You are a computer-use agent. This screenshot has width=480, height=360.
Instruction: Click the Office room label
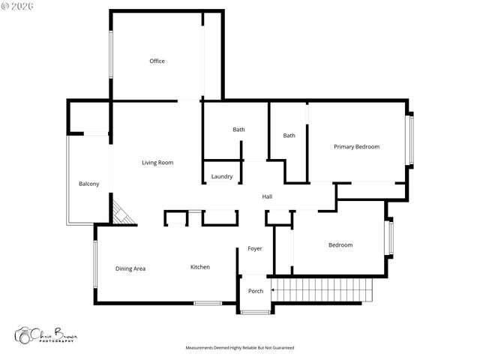[157, 61]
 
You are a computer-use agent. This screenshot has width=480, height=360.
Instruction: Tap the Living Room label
[157, 162]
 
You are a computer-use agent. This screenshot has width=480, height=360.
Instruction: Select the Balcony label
[89, 184]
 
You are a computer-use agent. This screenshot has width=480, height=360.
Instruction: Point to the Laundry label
[221, 177]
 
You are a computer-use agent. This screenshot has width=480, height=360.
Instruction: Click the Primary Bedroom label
[356, 147]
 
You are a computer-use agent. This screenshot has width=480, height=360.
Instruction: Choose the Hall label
[267, 197]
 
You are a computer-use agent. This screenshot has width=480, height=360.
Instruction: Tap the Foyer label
[255, 249]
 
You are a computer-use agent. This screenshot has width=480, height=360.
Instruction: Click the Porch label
[256, 291]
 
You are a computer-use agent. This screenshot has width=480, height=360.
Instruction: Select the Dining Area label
[130, 268]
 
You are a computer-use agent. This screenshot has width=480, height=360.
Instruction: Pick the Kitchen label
[199, 267]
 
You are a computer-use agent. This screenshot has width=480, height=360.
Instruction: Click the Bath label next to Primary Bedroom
[289, 136]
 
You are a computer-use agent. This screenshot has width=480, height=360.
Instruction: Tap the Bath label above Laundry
[238, 130]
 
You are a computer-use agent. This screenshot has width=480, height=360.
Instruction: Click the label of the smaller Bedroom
[340, 245]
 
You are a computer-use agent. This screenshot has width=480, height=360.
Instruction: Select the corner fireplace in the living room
[122, 211]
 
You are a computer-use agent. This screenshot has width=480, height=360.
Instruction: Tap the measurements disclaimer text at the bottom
[240, 348]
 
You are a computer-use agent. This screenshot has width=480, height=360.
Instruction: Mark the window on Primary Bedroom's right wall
[409, 140]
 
